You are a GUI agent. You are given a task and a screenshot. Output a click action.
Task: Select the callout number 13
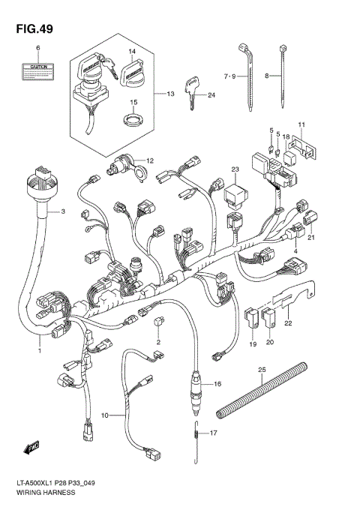click(x=170, y=94)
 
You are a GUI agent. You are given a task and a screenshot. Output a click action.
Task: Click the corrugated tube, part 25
click(x=262, y=389)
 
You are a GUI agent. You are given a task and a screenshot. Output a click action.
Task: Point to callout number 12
click(x=149, y=160)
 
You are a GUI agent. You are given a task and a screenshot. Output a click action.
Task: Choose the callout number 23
click(x=234, y=169)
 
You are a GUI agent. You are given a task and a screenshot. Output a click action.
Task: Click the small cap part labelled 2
click(x=158, y=323)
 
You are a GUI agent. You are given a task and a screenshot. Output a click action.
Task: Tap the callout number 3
click(x=64, y=212)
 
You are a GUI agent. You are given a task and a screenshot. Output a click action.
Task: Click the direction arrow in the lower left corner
click(x=31, y=448)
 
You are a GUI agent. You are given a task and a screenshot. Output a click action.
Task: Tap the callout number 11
click(x=301, y=124)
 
